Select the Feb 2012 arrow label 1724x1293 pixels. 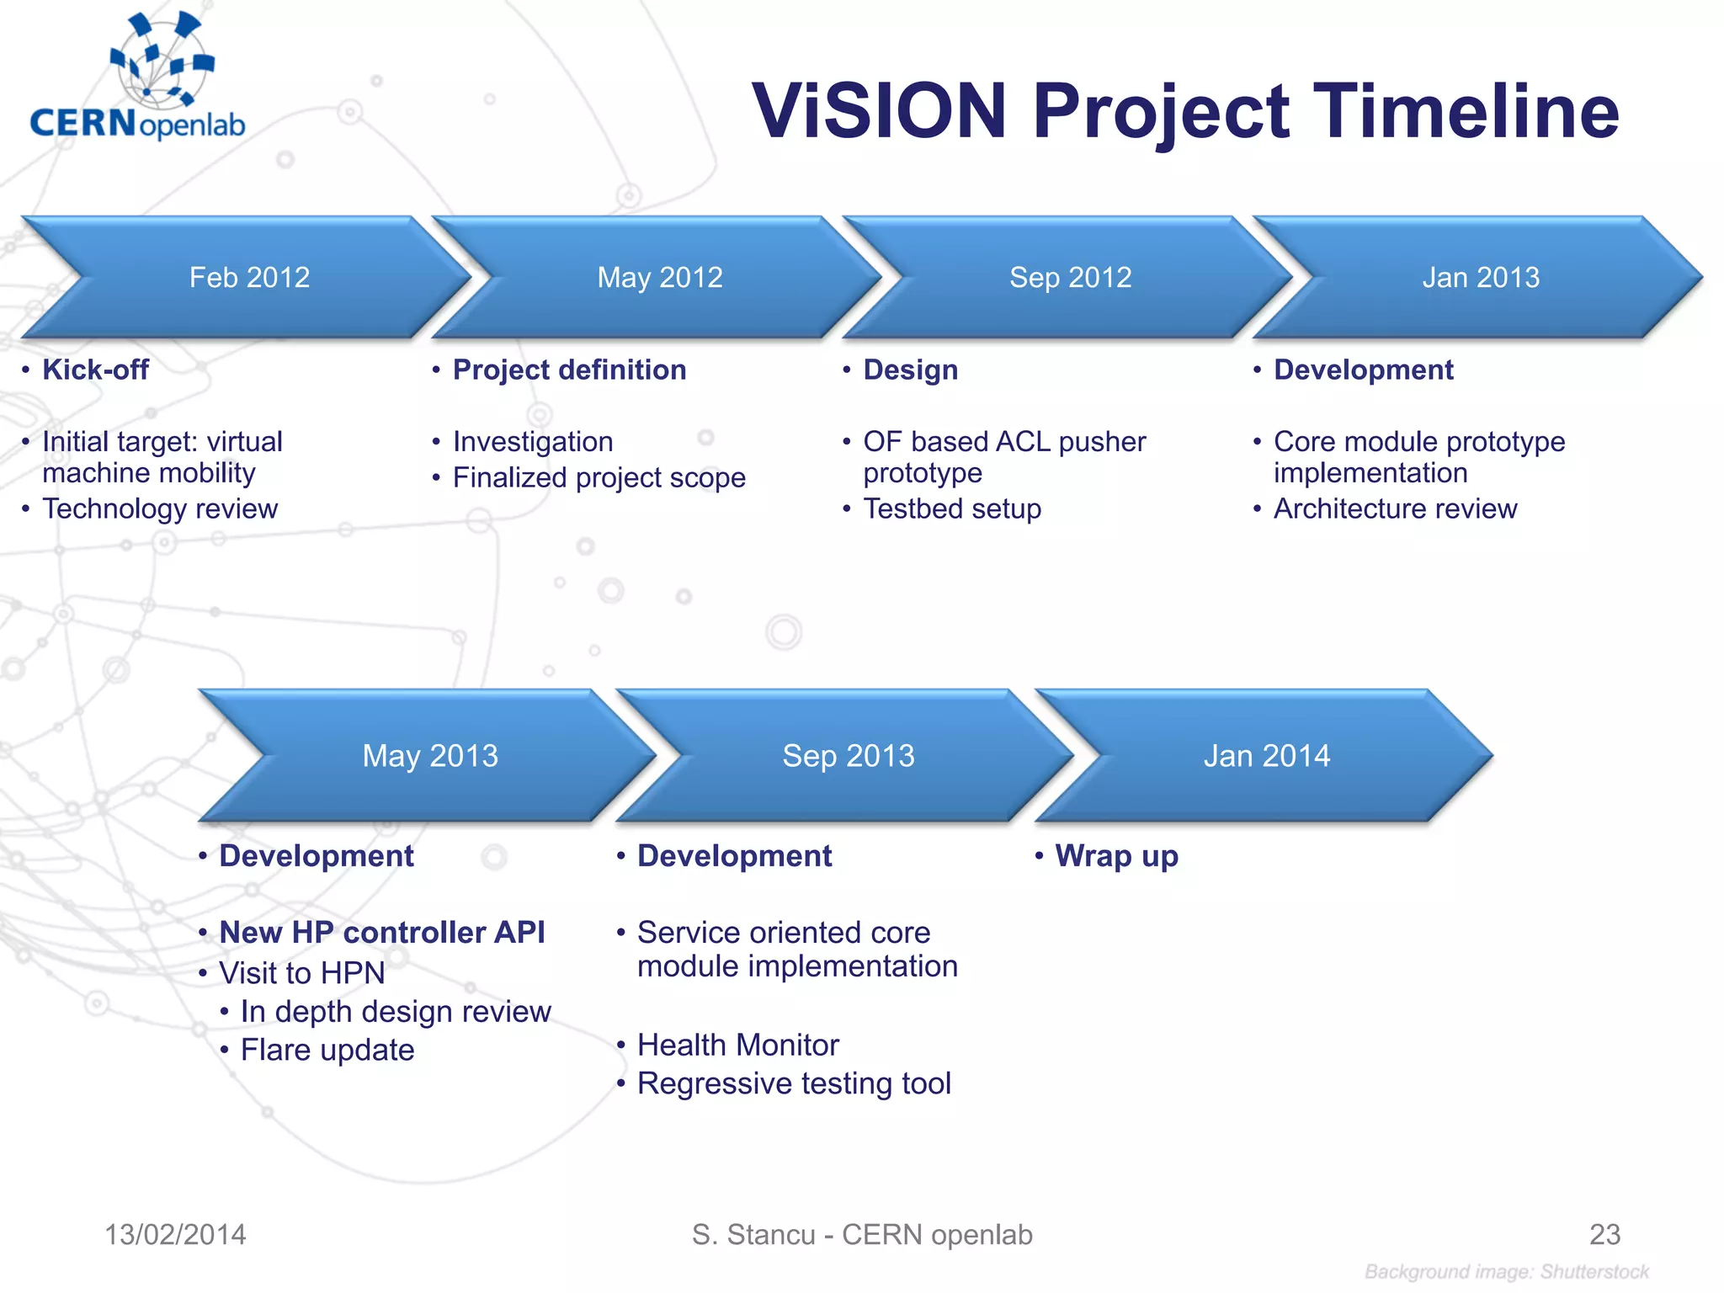coord(249,278)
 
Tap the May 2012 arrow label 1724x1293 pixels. coord(659,278)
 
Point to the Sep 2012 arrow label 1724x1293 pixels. coord(1070,278)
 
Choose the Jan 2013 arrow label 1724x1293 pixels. coord(1480,278)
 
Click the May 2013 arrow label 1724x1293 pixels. coord(430,756)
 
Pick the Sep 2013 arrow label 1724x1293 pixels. coord(848,756)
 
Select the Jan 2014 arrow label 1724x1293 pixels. coord(1266,756)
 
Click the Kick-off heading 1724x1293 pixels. coord(95,370)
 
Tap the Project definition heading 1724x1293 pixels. coord(569,370)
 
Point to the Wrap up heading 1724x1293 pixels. coord(1116,856)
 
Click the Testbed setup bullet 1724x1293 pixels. coord(952,509)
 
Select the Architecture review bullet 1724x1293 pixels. coord(1395,509)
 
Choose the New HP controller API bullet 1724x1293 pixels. coord(381,933)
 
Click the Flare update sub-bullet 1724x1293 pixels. coord(327,1051)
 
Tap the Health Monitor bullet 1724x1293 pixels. coord(737,1046)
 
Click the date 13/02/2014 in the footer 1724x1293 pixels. coord(175,1235)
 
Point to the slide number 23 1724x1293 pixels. coord(1604,1235)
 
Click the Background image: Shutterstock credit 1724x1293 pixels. coord(1506,1272)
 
